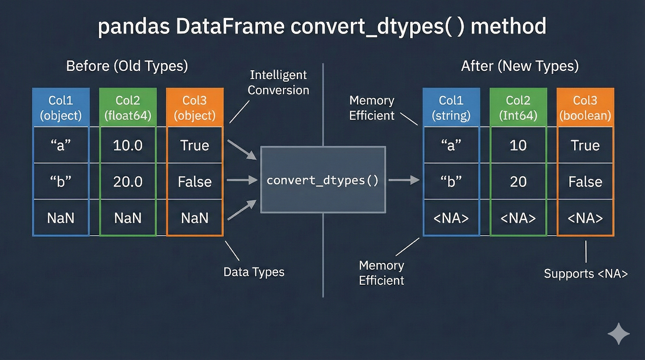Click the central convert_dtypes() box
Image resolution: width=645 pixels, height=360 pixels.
[x=323, y=180]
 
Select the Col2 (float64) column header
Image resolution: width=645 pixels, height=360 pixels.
[x=128, y=108]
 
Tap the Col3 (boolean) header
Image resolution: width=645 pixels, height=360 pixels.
[x=585, y=108]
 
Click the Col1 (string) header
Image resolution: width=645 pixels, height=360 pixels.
[x=451, y=108]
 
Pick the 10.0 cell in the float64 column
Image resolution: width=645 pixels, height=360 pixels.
[x=128, y=145]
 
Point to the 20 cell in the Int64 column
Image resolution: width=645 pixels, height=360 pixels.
[x=518, y=182]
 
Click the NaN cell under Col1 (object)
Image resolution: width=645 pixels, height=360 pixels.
[x=61, y=218]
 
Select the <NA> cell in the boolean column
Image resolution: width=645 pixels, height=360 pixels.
[x=585, y=218]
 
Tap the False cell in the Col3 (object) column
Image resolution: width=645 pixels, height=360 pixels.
[x=195, y=182]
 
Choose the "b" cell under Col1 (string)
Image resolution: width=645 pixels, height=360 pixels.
[x=451, y=182]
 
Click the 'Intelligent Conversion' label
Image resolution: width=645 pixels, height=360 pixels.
[x=278, y=83]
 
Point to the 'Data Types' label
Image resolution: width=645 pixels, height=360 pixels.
[x=254, y=272]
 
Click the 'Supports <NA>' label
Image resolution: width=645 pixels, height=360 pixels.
[x=586, y=274]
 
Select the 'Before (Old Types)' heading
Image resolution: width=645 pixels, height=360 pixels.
[x=127, y=66]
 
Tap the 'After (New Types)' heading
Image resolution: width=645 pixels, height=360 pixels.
[x=520, y=66]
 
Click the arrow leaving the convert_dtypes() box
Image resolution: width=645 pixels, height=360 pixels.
[x=404, y=180]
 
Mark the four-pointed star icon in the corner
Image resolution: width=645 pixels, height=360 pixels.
[x=618, y=334]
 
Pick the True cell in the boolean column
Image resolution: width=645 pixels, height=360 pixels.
[x=585, y=145]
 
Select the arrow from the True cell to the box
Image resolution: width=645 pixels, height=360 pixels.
[x=242, y=149]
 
